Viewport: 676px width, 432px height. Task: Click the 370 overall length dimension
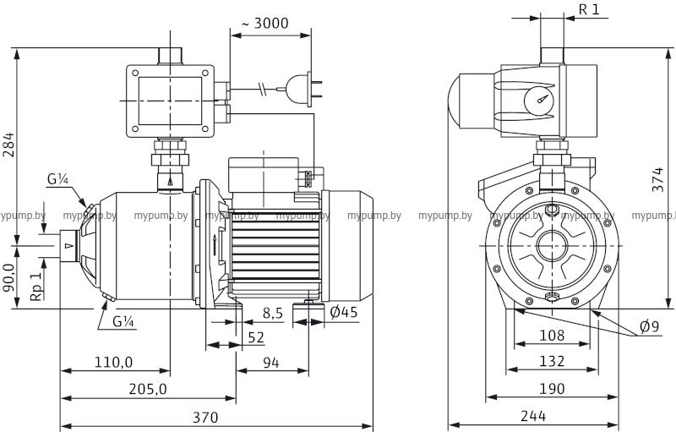click(x=204, y=417)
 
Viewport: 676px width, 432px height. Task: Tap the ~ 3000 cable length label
click(x=265, y=24)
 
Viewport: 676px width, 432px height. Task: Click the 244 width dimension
click(x=534, y=417)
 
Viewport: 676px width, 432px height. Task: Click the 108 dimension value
click(x=552, y=336)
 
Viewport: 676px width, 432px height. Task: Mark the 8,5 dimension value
click(x=273, y=313)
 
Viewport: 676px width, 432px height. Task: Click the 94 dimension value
click(x=271, y=363)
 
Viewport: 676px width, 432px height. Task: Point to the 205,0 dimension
click(x=148, y=389)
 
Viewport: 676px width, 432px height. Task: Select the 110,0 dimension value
click(x=113, y=363)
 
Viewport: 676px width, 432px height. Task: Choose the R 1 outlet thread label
click(x=590, y=9)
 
